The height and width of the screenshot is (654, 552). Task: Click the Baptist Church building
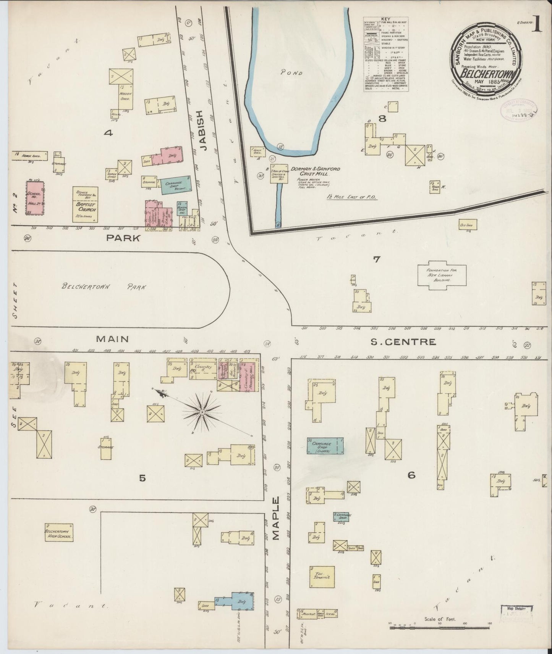(x=86, y=205)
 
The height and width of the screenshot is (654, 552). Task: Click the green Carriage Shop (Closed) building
(x=325, y=446)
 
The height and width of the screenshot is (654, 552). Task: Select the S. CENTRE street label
(x=404, y=342)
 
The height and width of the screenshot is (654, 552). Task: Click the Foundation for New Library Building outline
(x=442, y=275)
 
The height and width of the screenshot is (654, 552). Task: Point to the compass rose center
(x=202, y=412)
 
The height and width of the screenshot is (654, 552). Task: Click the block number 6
(x=411, y=475)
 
